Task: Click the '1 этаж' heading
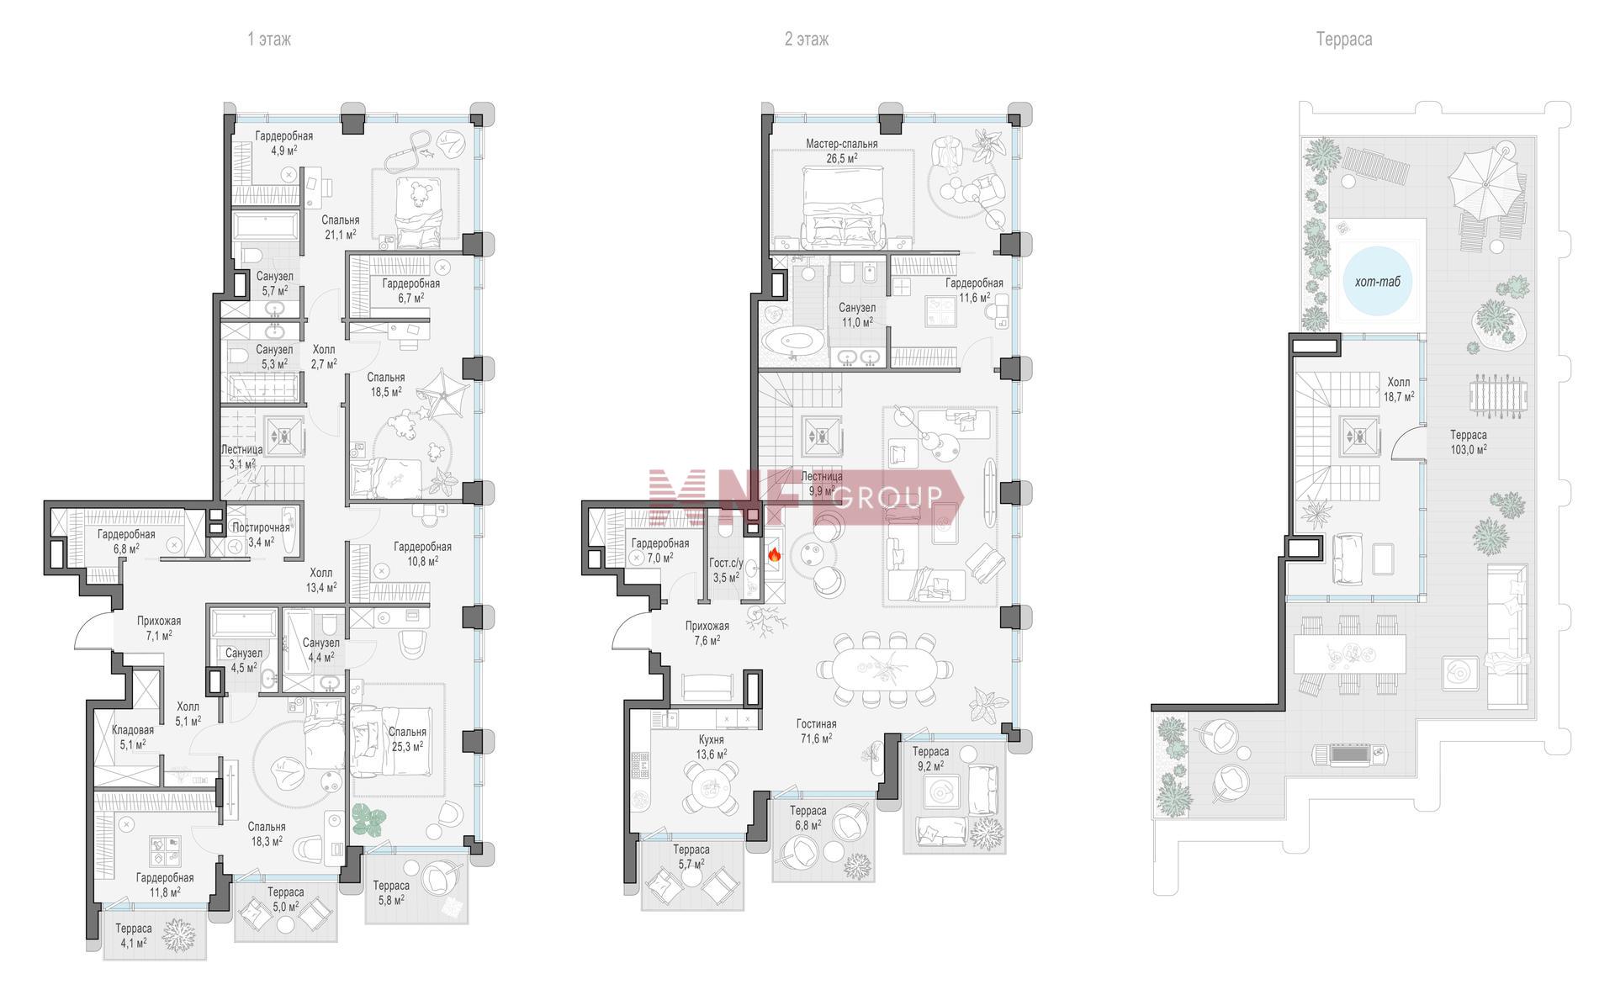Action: (x=269, y=40)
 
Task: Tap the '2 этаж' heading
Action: (x=807, y=40)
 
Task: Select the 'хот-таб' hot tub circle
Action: (x=1378, y=282)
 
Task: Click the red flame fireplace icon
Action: (x=774, y=555)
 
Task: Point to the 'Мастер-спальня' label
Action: (x=841, y=144)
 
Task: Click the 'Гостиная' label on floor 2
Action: (x=816, y=724)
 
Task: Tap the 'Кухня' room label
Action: (x=711, y=740)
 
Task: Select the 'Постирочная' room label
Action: (x=261, y=528)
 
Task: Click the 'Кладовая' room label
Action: (x=133, y=730)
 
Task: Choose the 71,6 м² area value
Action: (x=816, y=738)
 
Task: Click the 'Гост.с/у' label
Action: (x=725, y=563)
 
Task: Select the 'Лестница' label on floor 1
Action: (x=241, y=450)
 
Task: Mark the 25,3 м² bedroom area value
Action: (x=407, y=746)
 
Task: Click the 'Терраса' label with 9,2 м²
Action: (x=930, y=752)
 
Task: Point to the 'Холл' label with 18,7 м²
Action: (x=1399, y=382)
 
